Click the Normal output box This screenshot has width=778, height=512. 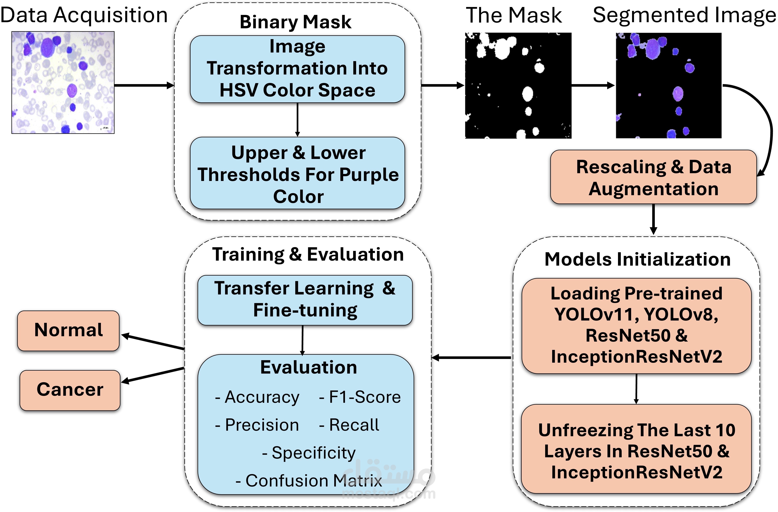(x=68, y=330)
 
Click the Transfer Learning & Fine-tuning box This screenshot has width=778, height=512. (x=305, y=300)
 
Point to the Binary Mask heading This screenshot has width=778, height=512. (x=296, y=22)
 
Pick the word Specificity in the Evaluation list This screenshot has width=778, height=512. (x=313, y=453)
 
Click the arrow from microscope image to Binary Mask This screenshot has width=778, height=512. (x=144, y=86)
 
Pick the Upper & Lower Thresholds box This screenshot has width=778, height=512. (x=297, y=173)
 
